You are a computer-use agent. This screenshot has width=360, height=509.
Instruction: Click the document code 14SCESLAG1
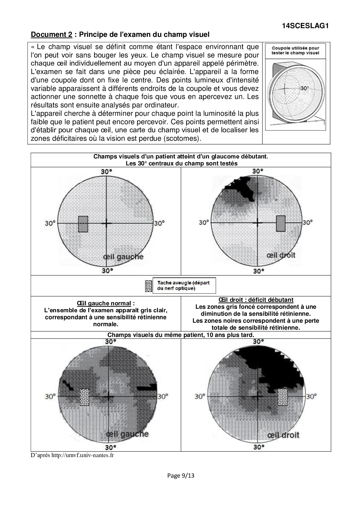(305, 26)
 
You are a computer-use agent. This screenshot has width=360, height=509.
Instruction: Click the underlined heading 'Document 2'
(51, 35)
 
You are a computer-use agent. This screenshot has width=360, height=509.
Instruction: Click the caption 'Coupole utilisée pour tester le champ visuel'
(295, 50)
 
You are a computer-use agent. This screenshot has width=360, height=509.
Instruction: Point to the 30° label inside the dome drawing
(304, 88)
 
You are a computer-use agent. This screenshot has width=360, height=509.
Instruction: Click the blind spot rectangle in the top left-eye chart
(83, 224)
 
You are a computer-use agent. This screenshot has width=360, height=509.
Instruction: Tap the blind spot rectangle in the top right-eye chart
(281, 223)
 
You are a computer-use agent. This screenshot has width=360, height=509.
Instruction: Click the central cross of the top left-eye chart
(107, 223)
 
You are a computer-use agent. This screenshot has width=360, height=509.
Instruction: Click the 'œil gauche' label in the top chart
(123, 257)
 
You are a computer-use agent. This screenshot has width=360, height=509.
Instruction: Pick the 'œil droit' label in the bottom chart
(283, 435)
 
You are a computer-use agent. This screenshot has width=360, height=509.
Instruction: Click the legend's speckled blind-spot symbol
(148, 286)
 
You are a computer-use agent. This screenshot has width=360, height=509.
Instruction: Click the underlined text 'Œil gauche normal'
(104, 303)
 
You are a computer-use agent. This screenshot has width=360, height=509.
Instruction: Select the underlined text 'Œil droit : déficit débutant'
(256, 300)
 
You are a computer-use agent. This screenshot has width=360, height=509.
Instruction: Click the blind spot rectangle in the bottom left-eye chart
(84, 397)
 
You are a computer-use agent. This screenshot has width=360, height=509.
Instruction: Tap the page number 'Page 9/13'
(181, 475)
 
